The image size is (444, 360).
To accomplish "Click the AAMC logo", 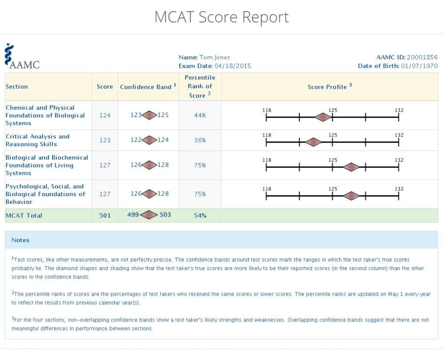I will [x=22, y=57].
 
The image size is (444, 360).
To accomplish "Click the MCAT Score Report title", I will [x=222, y=17].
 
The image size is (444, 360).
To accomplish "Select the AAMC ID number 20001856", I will [x=422, y=57].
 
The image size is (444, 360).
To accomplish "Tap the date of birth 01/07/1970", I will [x=419, y=66].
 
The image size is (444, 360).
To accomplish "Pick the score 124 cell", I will [x=105, y=115].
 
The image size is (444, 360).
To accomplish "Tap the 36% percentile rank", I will [x=200, y=141].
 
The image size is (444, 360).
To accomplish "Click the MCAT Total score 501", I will [x=105, y=216].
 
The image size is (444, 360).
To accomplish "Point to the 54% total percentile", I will [x=200, y=216].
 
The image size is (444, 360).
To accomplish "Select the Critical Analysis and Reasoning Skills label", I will [x=38, y=141].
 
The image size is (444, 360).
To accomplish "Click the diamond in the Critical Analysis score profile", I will [x=313, y=142].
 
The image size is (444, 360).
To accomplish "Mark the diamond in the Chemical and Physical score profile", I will [x=323, y=117].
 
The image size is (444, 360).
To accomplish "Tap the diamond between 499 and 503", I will [x=149, y=215].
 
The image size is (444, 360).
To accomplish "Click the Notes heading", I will [x=20, y=240].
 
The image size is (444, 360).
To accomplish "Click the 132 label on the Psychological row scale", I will [x=399, y=189].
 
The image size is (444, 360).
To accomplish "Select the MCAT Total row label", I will [x=24, y=216].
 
